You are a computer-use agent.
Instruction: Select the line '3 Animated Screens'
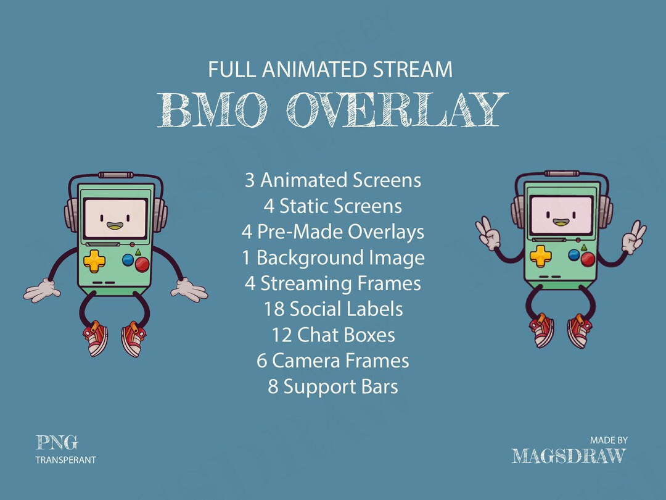(333, 180)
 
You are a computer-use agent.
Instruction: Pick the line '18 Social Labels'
(333, 309)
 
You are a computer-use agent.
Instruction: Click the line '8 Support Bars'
(333, 387)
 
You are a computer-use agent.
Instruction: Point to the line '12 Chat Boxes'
(333, 335)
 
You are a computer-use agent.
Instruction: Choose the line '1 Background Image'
(333, 257)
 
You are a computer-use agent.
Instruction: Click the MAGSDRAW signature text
(569, 456)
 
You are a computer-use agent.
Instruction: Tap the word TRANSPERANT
(66, 460)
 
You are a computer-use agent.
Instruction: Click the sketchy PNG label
(57, 442)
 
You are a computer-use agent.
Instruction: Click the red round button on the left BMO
(142, 264)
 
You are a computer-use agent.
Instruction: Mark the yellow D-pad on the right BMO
(540, 254)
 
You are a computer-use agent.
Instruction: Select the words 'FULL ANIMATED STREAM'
(331, 70)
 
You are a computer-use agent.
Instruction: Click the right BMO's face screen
(561, 216)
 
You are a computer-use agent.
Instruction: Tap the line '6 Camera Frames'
(333, 360)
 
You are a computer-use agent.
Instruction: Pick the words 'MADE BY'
(609, 440)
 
